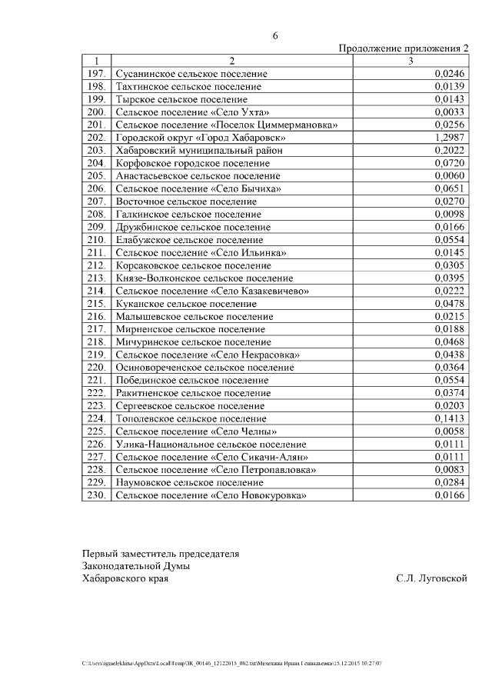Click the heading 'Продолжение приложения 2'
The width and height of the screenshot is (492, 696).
(404, 48)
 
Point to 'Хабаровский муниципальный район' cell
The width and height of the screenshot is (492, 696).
(199, 151)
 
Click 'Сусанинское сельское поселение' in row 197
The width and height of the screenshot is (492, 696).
(191, 74)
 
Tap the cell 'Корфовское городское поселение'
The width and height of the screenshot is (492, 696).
(192, 163)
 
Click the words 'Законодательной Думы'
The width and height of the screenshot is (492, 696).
(136, 566)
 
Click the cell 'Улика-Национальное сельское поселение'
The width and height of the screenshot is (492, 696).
(211, 445)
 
